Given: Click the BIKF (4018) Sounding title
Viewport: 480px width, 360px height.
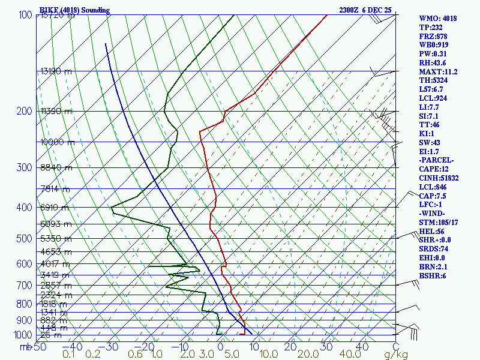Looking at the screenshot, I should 74,10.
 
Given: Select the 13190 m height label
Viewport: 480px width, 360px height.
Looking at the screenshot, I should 56,71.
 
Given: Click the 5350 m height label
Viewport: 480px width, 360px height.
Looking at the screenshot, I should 56,239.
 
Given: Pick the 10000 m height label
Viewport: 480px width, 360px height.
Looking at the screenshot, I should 58,142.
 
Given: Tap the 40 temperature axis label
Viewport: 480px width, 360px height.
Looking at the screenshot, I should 361,347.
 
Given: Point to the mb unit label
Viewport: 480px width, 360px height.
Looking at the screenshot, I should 25,347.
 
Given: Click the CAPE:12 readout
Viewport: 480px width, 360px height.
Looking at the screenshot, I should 436,169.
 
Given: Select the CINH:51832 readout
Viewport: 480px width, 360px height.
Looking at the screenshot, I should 440,178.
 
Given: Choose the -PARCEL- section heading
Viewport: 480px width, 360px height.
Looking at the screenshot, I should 437,160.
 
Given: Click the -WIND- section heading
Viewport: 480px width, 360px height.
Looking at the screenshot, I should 434,214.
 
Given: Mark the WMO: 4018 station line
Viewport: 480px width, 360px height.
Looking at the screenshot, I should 438,19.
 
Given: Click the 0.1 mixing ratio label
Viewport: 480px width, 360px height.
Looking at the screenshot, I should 69,355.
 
